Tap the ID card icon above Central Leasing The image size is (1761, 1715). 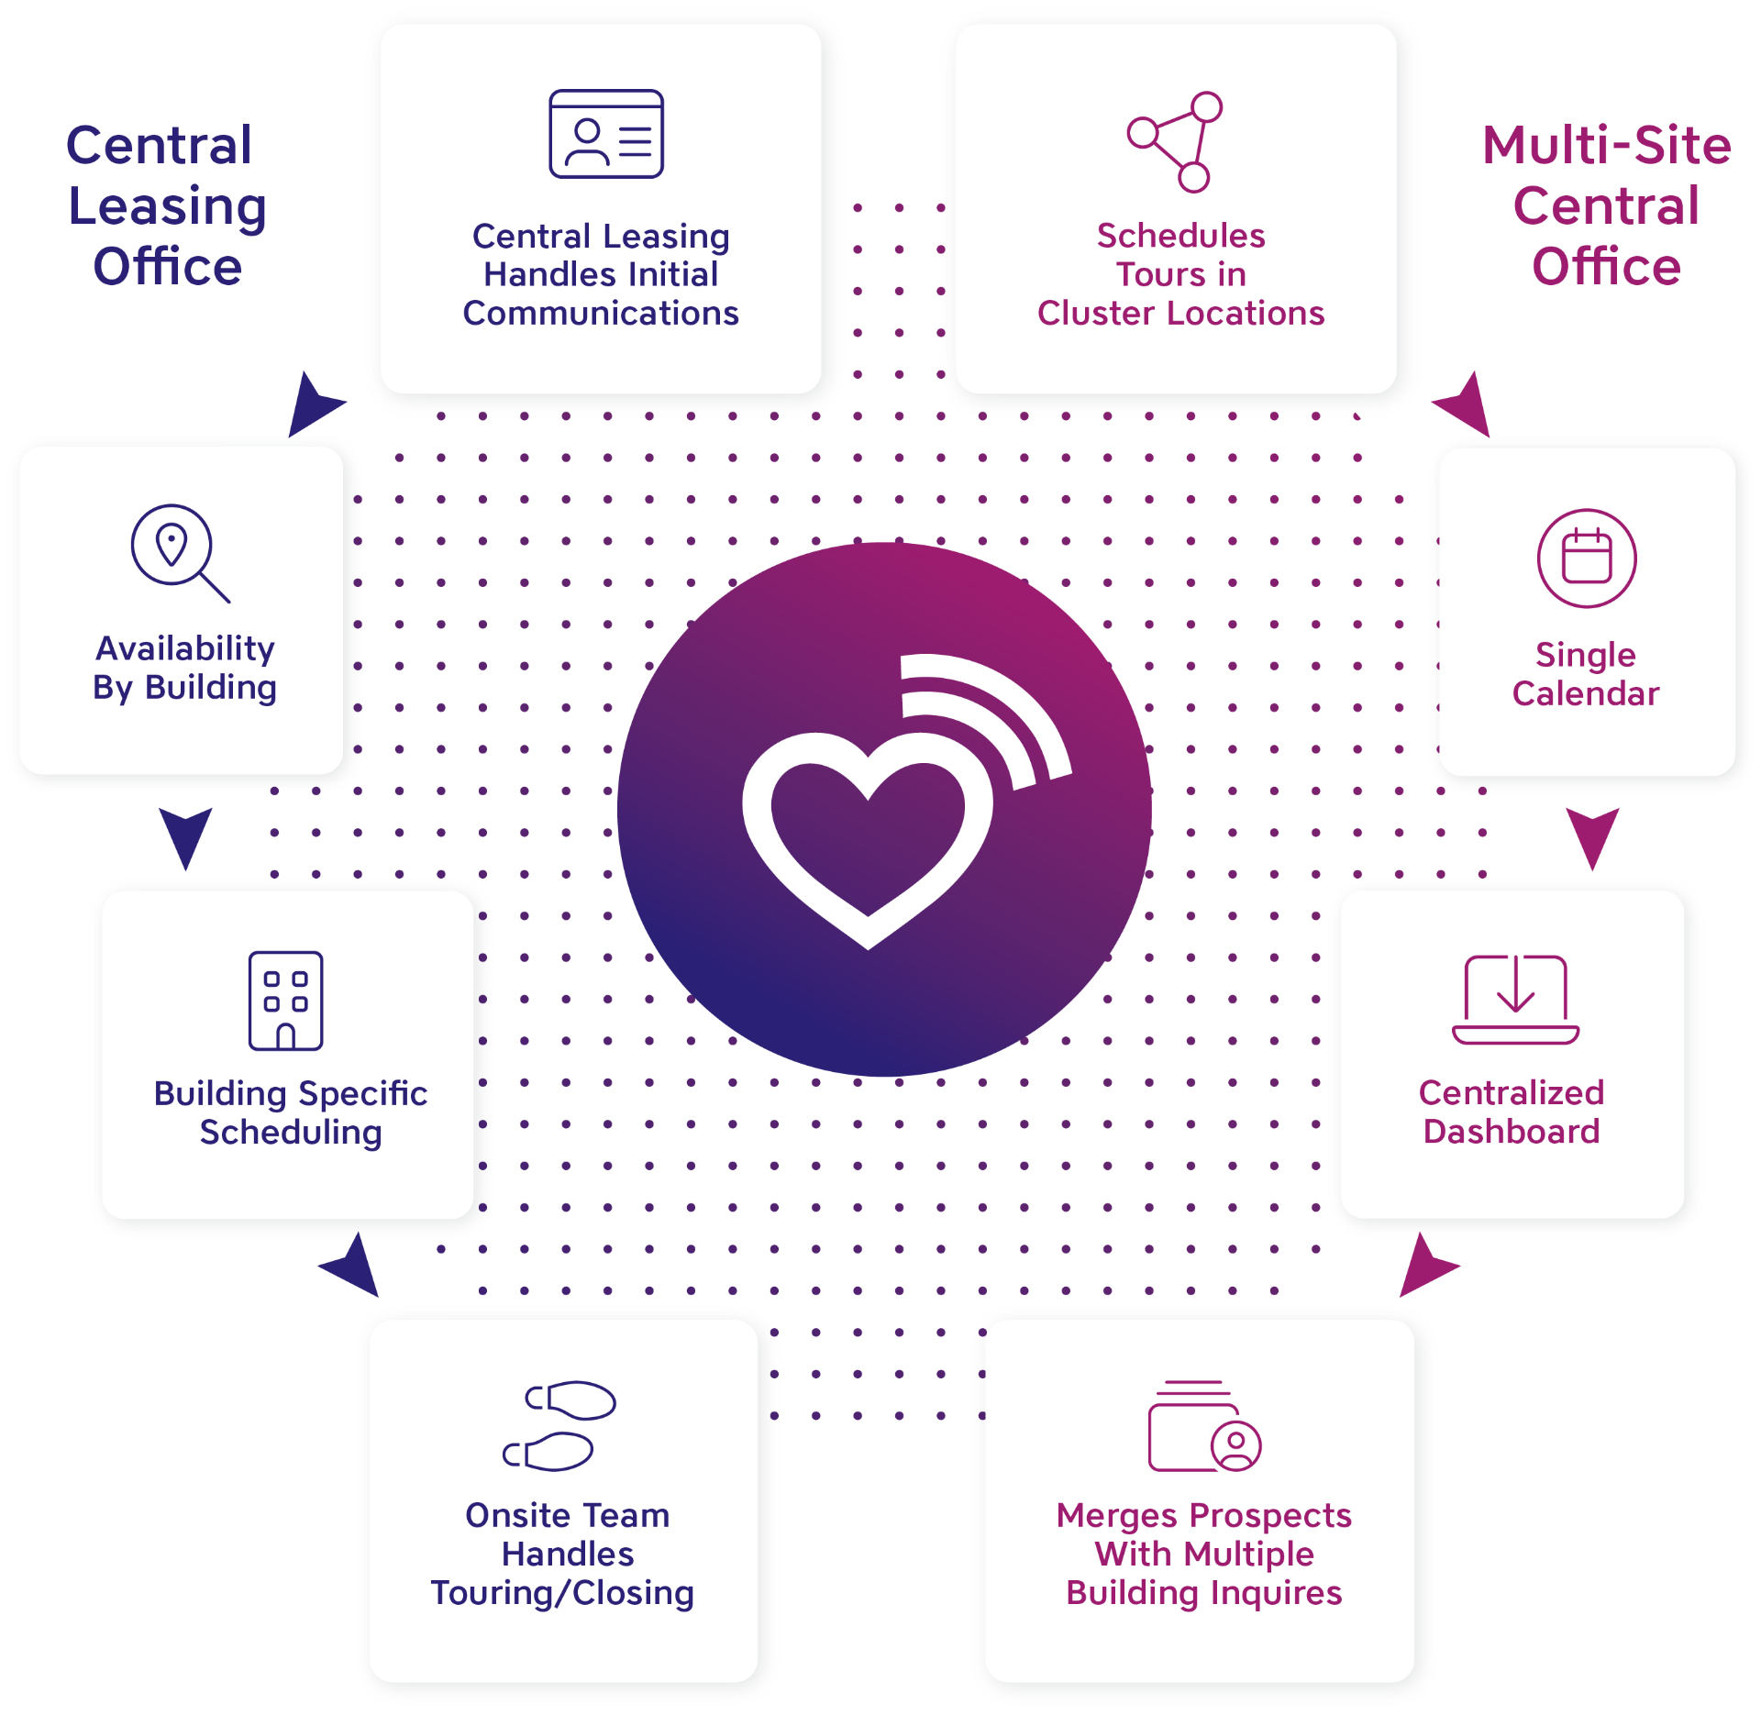click(605, 134)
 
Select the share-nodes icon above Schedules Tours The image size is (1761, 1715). click(1177, 141)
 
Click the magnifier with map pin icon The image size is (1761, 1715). click(178, 551)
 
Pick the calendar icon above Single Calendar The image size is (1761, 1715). click(1586, 558)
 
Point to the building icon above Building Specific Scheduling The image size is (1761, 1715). click(285, 1000)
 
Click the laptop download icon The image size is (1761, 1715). click(1515, 999)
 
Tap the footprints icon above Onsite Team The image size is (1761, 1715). click(559, 1425)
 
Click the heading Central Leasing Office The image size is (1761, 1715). click(166, 205)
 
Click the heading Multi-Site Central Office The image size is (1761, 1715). click(1606, 205)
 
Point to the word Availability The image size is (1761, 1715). click(185, 648)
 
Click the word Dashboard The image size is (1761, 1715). click(1511, 1132)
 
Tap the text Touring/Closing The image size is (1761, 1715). click(562, 1593)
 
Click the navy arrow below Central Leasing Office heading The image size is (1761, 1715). click(312, 404)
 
